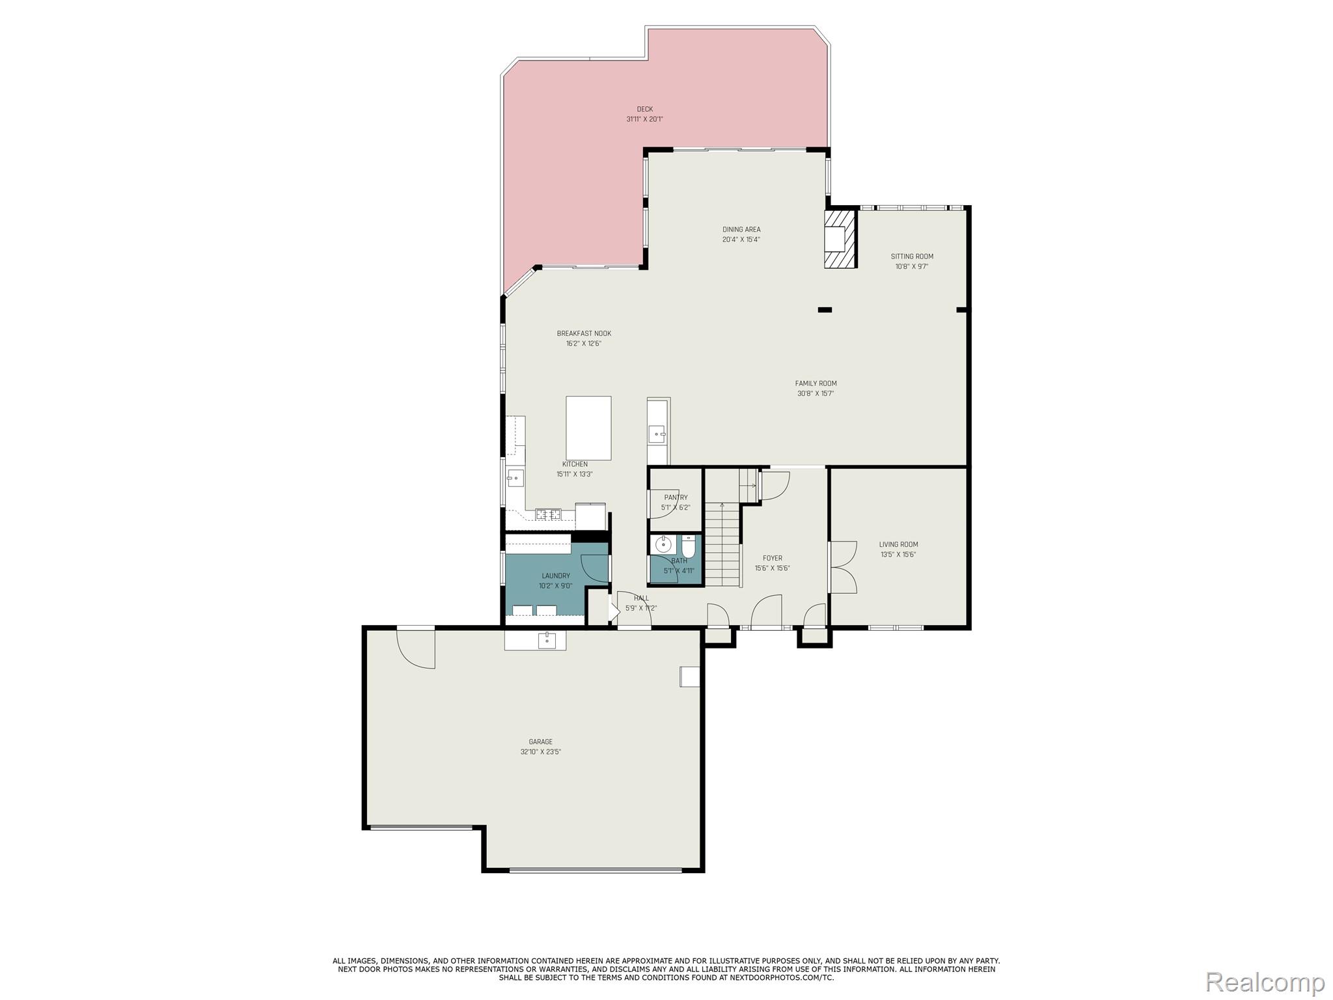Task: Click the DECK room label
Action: click(x=644, y=109)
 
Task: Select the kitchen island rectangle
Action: click(x=588, y=428)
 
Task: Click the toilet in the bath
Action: click(x=689, y=546)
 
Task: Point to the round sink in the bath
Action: click(x=663, y=545)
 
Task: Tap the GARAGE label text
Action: click(x=540, y=742)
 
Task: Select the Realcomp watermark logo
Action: click(x=1265, y=981)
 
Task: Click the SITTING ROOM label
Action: click(x=911, y=257)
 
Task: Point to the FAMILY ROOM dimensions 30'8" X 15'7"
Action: click(x=816, y=393)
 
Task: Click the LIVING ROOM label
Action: click(x=898, y=544)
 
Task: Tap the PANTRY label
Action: click(x=676, y=497)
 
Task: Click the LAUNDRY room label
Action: click(x=555, y=576)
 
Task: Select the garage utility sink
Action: click(x=547, y=641)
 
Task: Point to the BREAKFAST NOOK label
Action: click(x=584, y=333)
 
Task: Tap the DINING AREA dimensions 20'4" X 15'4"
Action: click(x=741, y=239)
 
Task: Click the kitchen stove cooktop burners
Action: click(x=548, y=514)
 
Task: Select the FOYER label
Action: click(x=772, y=558)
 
